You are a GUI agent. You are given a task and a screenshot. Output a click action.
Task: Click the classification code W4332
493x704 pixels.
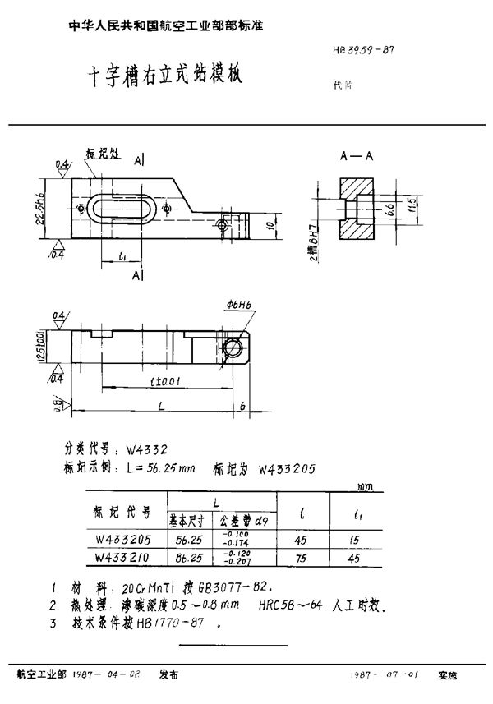[150, 450]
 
